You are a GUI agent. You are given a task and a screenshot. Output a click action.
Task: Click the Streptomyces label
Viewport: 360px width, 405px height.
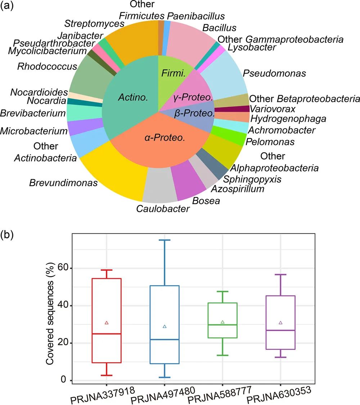tap(94, 24)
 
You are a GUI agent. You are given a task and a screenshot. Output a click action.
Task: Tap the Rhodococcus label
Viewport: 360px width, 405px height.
tap(47, 66)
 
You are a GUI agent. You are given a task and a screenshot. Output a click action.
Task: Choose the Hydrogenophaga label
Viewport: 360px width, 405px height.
tap(288, 118)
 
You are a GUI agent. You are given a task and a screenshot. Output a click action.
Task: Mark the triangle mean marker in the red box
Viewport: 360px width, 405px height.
tap(107, 323)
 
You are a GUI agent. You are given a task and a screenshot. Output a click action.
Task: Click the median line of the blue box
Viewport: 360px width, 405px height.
tap(165, 339)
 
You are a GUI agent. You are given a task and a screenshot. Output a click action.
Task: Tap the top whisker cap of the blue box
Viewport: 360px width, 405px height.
tap(165, 240)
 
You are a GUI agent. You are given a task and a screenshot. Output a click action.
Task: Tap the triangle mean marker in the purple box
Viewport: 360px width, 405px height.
tap(280, 323)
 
